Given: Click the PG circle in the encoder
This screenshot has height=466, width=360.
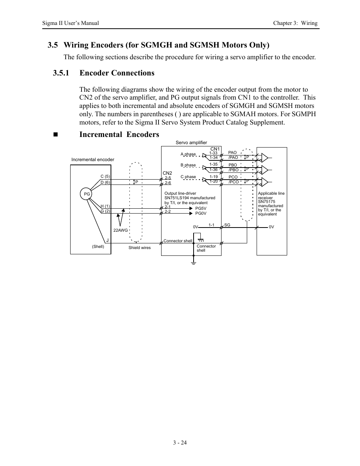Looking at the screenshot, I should click(x=87, y=194).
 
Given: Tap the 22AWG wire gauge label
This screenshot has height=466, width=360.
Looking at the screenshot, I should click(x=121, y=230).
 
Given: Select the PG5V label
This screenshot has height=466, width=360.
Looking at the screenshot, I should click(x=201, y=208).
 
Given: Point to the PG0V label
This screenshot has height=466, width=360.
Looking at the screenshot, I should click(x=201, y=214).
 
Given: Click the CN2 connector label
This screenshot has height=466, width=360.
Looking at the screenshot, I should click(x=167, y=173).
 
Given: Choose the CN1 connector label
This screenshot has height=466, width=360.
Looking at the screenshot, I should click(x=215, y=149).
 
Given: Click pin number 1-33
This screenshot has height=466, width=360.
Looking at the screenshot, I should click(x=213, y=153).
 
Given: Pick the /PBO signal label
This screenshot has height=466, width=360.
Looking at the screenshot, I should click(x=234, y=170).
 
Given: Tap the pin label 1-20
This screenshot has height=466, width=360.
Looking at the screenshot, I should click(x=214, y=181).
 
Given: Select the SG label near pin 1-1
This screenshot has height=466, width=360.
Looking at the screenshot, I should click(x=227, y=225).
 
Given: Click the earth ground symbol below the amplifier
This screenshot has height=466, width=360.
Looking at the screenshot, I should click(x=193, y=262).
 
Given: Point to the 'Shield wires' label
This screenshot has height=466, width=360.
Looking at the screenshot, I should click(x=139, y=248).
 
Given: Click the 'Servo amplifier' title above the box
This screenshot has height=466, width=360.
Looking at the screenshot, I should click(x=191, y=143).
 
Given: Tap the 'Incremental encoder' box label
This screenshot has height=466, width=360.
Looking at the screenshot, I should click(x=93, y=160).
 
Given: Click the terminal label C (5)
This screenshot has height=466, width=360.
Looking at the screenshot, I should click(x=105, y=177).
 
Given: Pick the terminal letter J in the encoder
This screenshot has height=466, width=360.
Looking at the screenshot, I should click(x=107, y=240).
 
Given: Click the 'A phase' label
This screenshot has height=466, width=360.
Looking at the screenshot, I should click(x=188, y=154).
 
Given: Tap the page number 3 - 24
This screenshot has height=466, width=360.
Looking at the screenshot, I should click(x=180, y=443).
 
